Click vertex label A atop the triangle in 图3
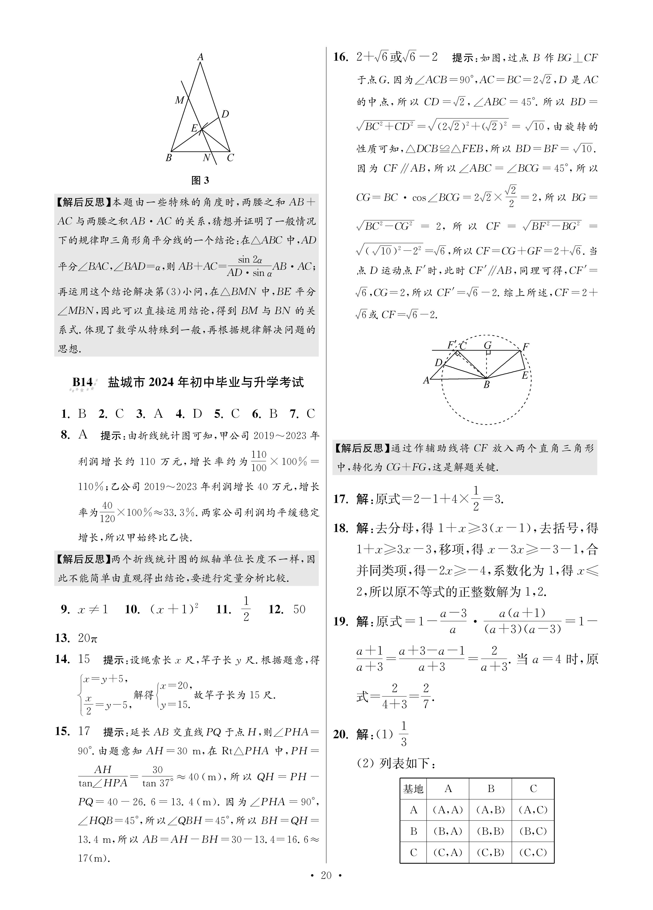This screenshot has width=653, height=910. (200, 57)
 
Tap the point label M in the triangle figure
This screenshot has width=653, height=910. (179, 100)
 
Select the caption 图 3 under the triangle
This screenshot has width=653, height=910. (200, 180)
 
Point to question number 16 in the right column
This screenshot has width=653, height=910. (341, 57)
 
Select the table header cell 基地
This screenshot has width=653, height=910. (413, 789)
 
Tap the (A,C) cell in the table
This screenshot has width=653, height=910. (533, 810)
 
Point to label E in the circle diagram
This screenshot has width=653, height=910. (524, 376)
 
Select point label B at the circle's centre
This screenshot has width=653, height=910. (486, 385)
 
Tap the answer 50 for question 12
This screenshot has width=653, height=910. (299, 609)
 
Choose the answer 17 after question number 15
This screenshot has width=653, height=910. (84, 731)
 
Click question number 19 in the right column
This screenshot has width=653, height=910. (341, 622)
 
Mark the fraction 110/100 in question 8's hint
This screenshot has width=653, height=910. (259, 461)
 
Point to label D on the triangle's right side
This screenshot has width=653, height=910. (225, 114)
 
